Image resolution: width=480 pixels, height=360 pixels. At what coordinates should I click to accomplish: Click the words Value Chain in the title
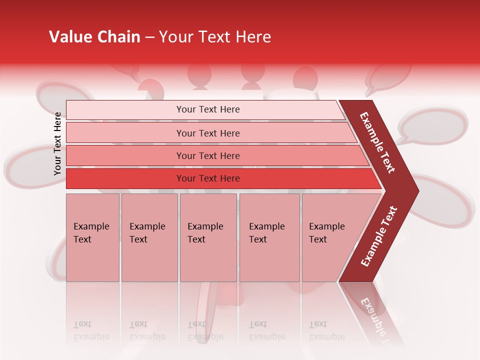pyautogui.click(x=94, y=36)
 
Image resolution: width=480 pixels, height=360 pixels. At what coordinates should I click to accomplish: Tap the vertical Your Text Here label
pyautogui.click(x=57, y=143)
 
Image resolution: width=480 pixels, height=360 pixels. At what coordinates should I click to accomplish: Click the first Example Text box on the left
pyautogui.click(x=92, y=237)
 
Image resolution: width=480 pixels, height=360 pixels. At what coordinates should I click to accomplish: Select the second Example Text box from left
pyautogui.click(x=149, y=237)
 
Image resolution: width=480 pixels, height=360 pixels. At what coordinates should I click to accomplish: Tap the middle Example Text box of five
pyautogui.click(x=208, y=237)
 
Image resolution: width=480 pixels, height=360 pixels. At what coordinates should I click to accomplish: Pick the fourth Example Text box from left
pyautogui.click(x=269, y=237)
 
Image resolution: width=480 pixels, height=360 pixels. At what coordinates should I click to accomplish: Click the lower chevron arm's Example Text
pyautogui.click(x=379, y=236)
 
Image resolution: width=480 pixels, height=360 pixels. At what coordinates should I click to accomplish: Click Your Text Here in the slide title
pyautogui.click(x=215, y=36)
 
